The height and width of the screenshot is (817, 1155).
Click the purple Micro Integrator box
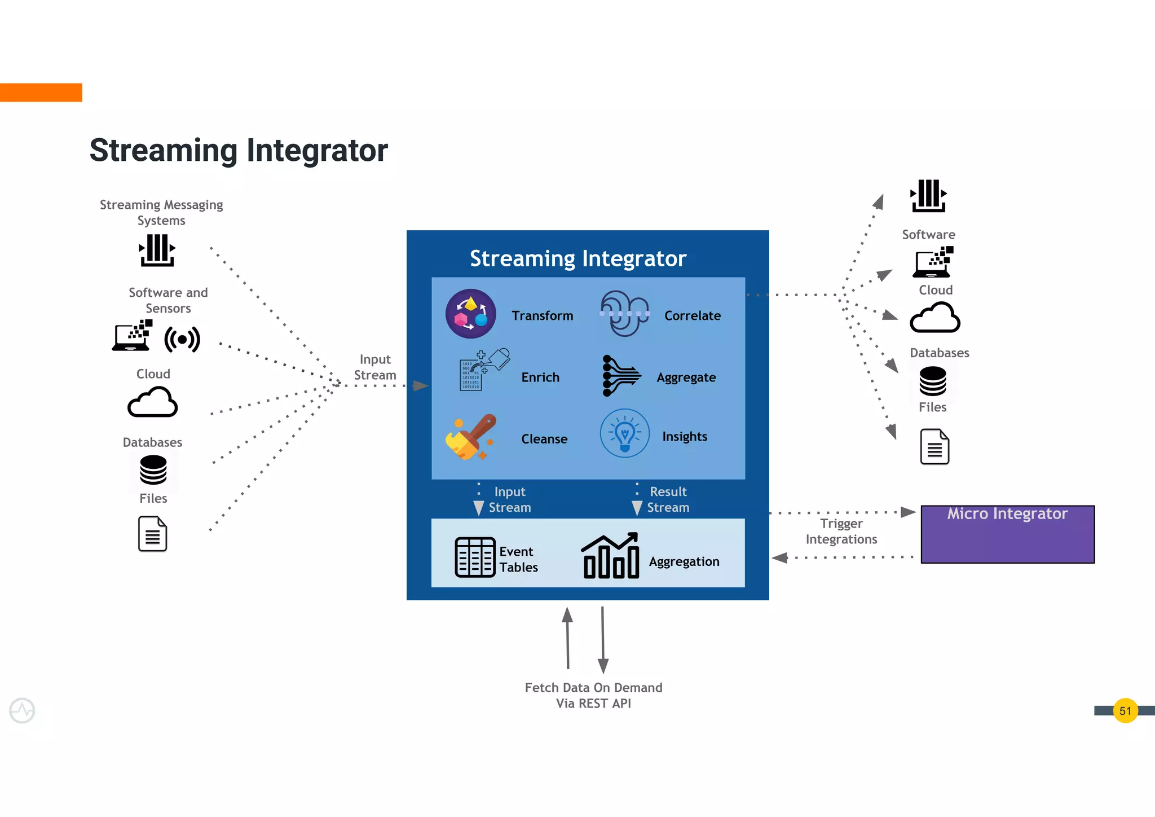click(1007, 534)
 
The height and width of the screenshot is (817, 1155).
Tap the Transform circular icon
click(470, 314)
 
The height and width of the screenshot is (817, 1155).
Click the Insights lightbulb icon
click(624, 433)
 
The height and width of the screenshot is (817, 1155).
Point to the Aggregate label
click(686, 377)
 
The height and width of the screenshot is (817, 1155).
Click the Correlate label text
click(692, 316)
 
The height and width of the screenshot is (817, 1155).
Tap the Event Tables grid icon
click(475, 557)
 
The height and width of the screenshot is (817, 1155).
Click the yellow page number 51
click(1125, 710)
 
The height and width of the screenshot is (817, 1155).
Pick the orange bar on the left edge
click(41, 93)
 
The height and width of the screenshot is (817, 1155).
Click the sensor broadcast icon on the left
click(182, 339)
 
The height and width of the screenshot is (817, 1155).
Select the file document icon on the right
click(934, 446)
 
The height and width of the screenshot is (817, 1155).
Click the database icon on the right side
click(932, 381)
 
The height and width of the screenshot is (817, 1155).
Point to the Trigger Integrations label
click(841, 532)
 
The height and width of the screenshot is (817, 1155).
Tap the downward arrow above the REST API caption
click(603, 640)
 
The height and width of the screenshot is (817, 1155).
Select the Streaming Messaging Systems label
click(161, 212)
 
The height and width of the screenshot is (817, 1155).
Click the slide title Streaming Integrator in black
click(239, 150)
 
